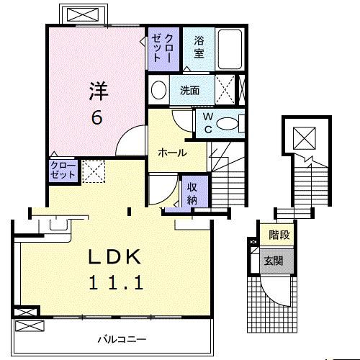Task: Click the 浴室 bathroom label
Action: (x=199, y=47)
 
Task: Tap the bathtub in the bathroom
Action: (x=230, y=49)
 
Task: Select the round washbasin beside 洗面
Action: (x=159, y=90)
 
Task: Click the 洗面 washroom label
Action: (x=190, y=91)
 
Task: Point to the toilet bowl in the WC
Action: (x=227, y=124)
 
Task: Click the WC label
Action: (x=208, y=123)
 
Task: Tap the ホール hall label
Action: (x=172, y=153)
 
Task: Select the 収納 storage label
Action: (x=192, y=194)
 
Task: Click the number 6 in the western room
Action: (x=97, y=118)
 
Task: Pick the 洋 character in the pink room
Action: (x=99, y=91)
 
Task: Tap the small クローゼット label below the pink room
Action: (x=63, y=170)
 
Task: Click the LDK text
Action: (x=114, y=257)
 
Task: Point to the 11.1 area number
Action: (x=117, y=282)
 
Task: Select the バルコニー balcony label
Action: (x=122, y=339)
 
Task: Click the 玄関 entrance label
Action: (x=274, y=261)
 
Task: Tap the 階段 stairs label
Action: (x=279, y=235)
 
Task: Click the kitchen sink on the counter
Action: (x=58, y=225)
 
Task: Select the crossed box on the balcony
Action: (x=30, y=326)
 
